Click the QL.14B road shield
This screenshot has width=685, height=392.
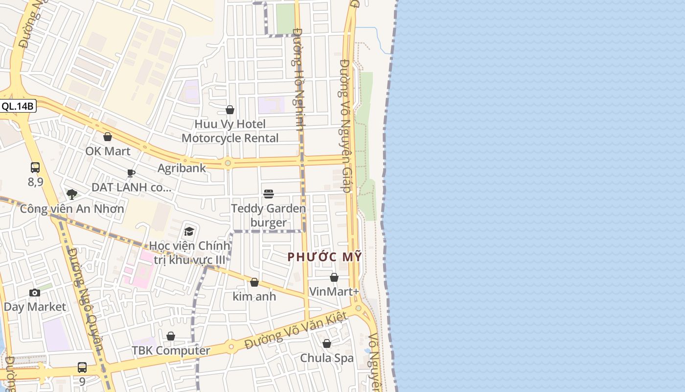coord(18,106)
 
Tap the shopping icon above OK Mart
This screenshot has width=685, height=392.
coord(108,137)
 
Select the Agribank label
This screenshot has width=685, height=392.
coord(182,168)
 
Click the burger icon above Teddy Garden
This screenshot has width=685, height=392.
coord(268,194)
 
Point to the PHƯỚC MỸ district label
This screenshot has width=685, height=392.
coord(324,256)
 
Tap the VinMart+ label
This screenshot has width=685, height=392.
coord(334,292)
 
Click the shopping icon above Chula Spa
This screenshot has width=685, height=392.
coord(327,343)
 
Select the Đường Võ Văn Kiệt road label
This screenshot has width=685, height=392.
coord(296,331)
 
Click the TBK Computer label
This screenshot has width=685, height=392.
coord(171,350)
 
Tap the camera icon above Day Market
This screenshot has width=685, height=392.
coord(35,293)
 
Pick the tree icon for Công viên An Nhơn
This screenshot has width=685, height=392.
coord(72,194)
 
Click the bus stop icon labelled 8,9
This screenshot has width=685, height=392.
coord(35,168)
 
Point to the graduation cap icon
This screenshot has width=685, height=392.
coord(189,231)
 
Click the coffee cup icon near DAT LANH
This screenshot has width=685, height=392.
coord(131,173)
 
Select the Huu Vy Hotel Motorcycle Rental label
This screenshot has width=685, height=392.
coord(230,131)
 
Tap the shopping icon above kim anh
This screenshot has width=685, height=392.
coord(254,282)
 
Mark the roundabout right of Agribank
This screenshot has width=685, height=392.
coord(228,163)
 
